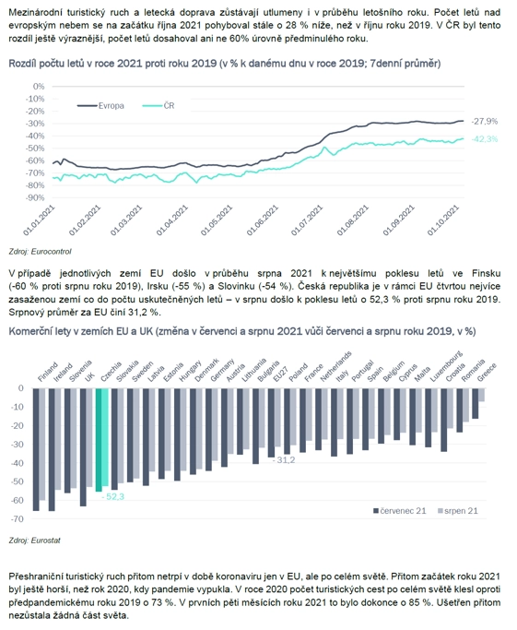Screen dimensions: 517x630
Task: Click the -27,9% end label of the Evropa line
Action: point(484,121)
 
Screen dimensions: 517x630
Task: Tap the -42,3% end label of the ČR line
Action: point(484,139)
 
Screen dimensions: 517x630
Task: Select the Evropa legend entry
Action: point(100,106)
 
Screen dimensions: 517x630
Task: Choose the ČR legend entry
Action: point(159,106)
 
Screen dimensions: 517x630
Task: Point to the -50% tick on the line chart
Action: point(35,149)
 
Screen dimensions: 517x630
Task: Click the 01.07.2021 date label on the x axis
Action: point(307,220)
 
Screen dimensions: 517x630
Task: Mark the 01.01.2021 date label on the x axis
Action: point(39,220)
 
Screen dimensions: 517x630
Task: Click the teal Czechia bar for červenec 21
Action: point(99,440)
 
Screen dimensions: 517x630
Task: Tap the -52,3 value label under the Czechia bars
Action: point(112,497)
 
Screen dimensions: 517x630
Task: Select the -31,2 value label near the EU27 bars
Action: point(284,460)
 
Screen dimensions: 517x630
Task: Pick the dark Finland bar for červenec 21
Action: point(36,449)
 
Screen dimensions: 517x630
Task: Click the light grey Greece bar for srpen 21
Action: point(482,395)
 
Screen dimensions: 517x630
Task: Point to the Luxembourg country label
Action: point(446,366)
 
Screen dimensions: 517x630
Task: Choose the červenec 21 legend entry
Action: point(399,511)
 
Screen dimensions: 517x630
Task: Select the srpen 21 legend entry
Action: point(458,511)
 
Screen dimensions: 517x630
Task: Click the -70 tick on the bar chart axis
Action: point(19,518)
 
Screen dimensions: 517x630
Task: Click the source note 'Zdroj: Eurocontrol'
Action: point(41,252)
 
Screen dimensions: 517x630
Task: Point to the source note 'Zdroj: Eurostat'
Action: point(34,541)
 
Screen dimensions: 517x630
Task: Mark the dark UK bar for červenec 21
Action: point(83,447)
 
